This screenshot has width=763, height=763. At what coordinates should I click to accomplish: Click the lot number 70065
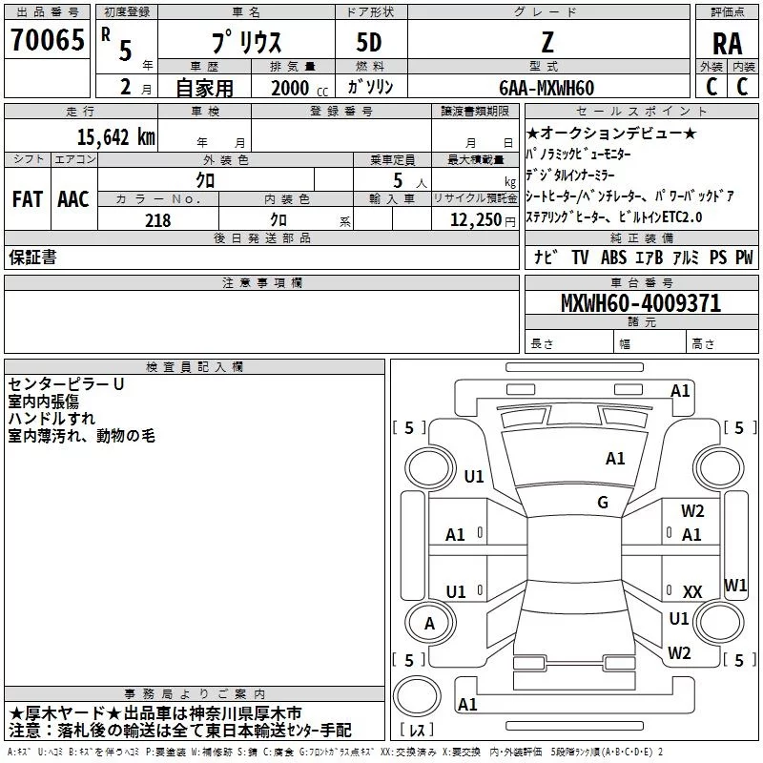tap(47, 41)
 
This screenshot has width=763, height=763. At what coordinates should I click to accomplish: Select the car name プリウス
tap(244, 46)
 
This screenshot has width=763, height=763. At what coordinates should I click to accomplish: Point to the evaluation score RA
tap(728, 44)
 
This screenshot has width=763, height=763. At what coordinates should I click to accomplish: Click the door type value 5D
tap(370, 44)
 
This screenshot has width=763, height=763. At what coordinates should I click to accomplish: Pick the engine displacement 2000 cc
tap(294, 88)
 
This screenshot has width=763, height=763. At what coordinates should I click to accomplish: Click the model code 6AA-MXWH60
tap(546, 88)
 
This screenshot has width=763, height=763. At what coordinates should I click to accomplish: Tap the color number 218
tap(157, 220)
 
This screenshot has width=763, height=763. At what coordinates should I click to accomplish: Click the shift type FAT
tap(27, 199)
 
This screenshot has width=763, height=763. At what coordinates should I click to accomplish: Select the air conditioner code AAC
tap(72, 199)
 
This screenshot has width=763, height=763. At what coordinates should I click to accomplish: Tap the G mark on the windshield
tap(603, 503)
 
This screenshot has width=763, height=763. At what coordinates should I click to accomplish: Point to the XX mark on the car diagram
tap(692, 592)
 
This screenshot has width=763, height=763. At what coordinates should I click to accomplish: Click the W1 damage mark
tap(734, 585)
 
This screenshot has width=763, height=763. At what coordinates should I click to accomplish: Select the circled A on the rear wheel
tap(429, 624)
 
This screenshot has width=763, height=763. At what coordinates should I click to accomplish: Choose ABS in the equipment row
tap(614, 258)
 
